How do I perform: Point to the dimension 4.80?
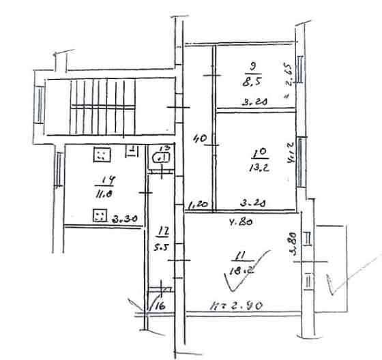coord(236,220)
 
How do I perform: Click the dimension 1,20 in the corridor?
coord(198,202)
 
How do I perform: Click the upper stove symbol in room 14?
coord(101,155)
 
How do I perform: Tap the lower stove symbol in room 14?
coord(100,216)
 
